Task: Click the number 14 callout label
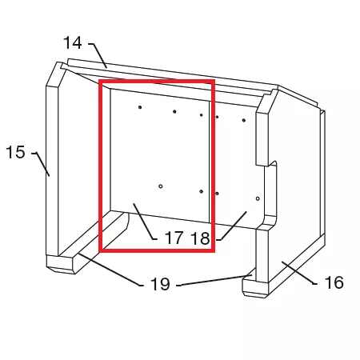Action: (72, 42)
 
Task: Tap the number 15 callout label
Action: (15, 152)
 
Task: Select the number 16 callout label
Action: (334, 282)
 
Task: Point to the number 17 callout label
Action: (174, 238)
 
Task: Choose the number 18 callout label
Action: (201, 238)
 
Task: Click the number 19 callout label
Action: (160, 284)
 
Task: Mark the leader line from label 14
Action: (98, 55)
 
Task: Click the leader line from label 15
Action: (41, 164)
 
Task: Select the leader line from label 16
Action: (299, 273)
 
